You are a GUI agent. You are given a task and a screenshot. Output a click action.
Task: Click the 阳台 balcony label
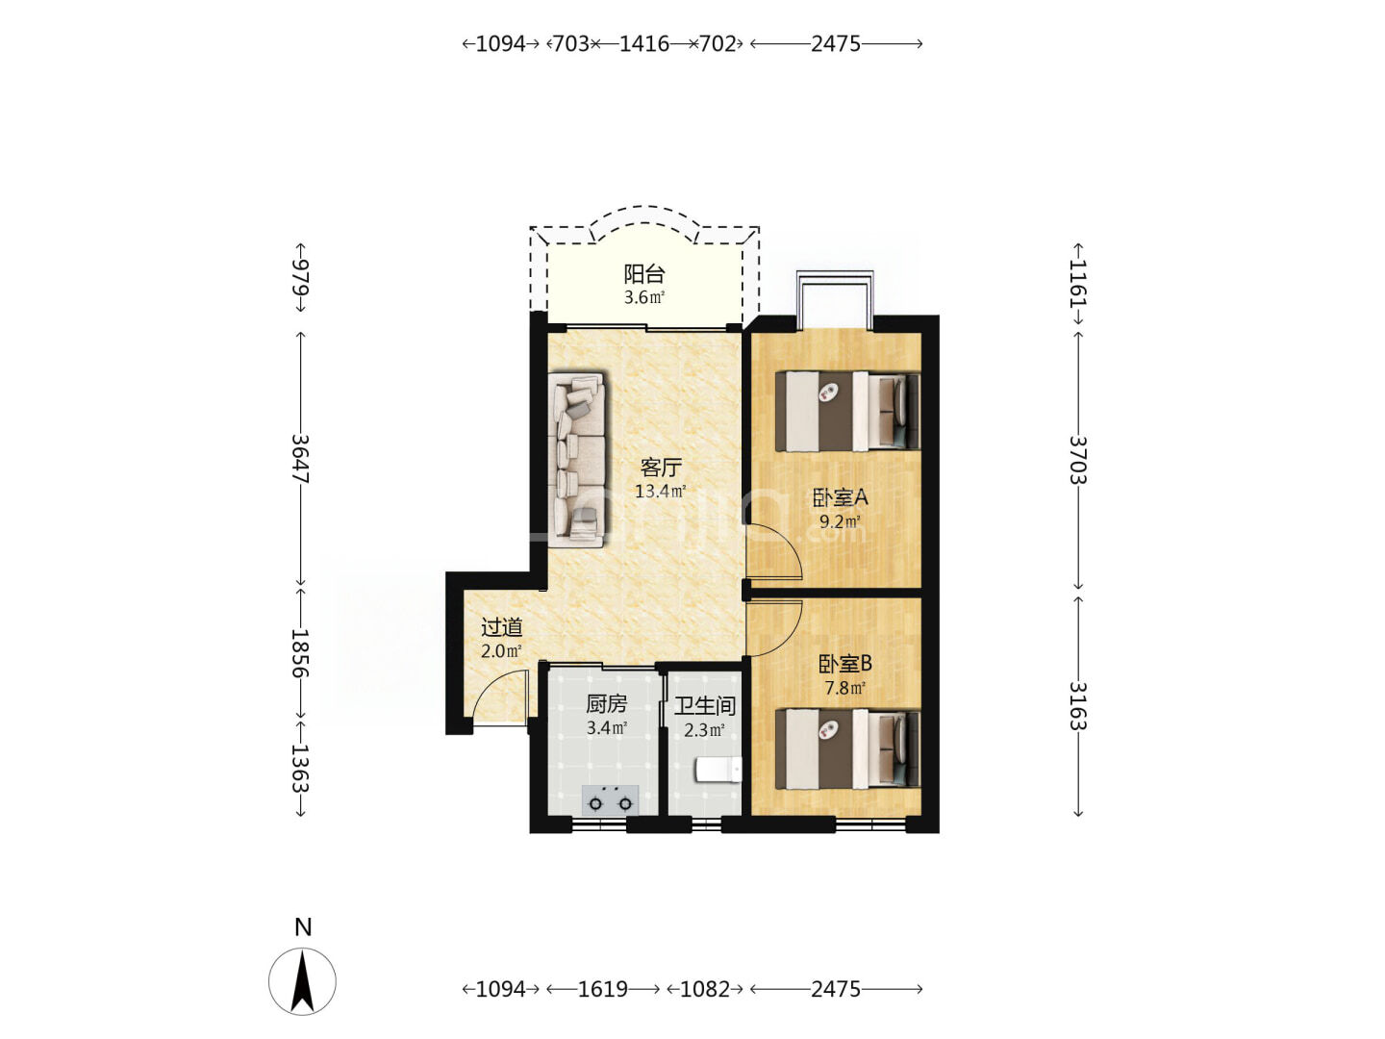[x=643, y=274]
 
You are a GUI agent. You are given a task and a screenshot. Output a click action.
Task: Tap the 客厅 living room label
[x=661, y=468]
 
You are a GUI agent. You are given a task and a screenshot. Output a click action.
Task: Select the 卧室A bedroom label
[x=840, y=497]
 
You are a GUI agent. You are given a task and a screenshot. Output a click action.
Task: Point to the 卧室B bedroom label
[x=844, y=664]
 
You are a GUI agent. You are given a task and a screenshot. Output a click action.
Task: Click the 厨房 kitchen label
[x=606, y=703]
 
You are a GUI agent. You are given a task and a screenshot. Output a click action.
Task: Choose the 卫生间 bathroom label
[x=705, y=706]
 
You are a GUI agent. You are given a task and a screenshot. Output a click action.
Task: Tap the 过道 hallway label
[x=502, y=627]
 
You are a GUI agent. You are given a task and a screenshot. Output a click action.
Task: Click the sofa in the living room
[x=576, y=459]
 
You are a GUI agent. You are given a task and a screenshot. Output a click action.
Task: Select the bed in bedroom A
[x=847, y=412]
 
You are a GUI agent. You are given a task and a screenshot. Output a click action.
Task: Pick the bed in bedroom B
[x=847, y=748]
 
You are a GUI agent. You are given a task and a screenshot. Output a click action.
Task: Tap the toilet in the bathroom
[x=718, y=771]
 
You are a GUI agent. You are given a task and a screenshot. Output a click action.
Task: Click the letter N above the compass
[x=304, y=927]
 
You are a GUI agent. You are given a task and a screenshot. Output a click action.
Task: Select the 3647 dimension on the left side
[x=300, y=459]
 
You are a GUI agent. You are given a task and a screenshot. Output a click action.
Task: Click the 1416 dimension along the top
[x=644, y=43]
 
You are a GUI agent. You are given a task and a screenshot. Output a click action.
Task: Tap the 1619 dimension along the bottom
[x=603, y=989]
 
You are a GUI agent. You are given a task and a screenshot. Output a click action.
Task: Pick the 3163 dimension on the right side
[x=1078, y=706]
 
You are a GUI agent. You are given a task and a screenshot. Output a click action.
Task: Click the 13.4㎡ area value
[x=660, y=491]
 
